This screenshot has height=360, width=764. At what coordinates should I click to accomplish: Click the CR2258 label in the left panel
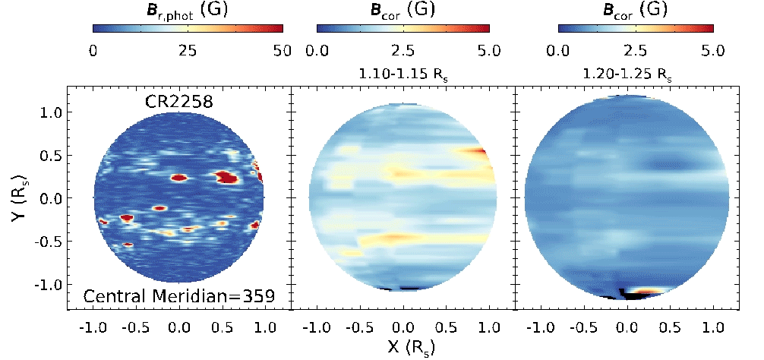point(180,103)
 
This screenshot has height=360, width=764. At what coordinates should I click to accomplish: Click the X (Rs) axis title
point(403,349)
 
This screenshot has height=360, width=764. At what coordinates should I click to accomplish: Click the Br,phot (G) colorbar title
point(188,11)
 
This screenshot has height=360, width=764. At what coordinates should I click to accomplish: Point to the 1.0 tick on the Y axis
point(49,112)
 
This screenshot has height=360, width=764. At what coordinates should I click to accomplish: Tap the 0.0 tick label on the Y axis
point(49,198)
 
